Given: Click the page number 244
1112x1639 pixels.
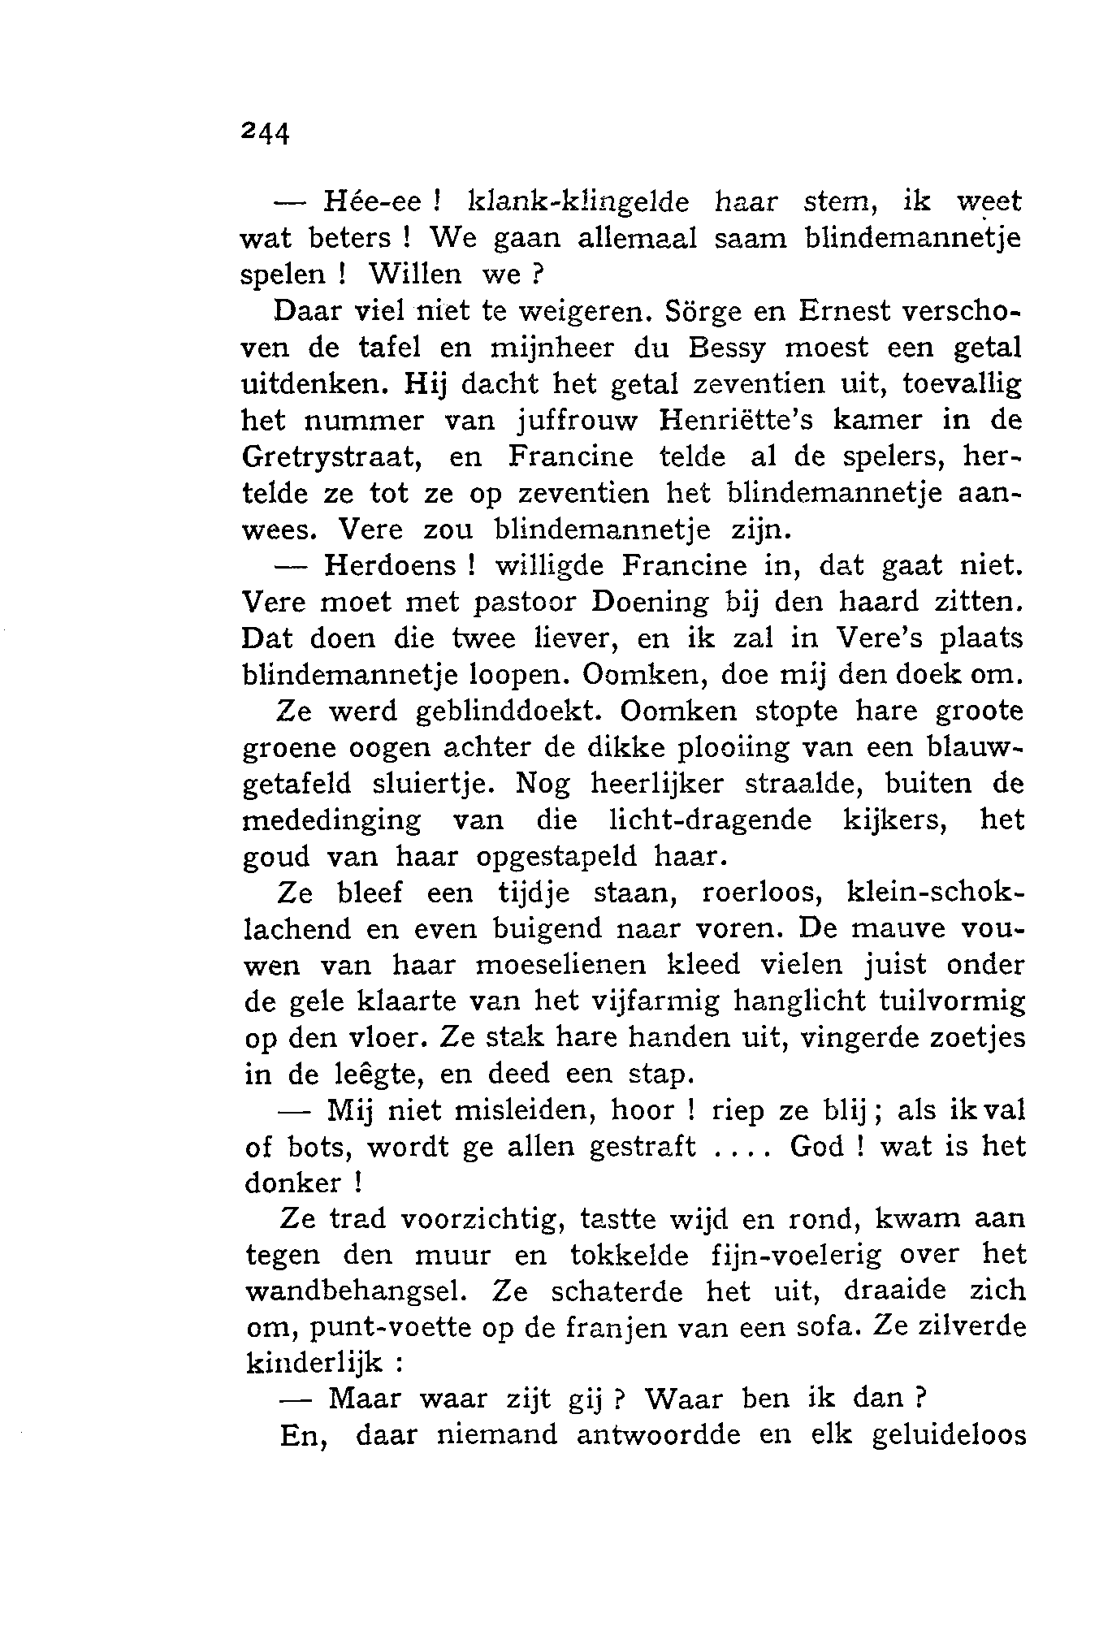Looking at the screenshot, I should [266, 132].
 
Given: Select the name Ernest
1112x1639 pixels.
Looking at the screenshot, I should [847, 310].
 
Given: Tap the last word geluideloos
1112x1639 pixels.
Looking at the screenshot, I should [948, 1436].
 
